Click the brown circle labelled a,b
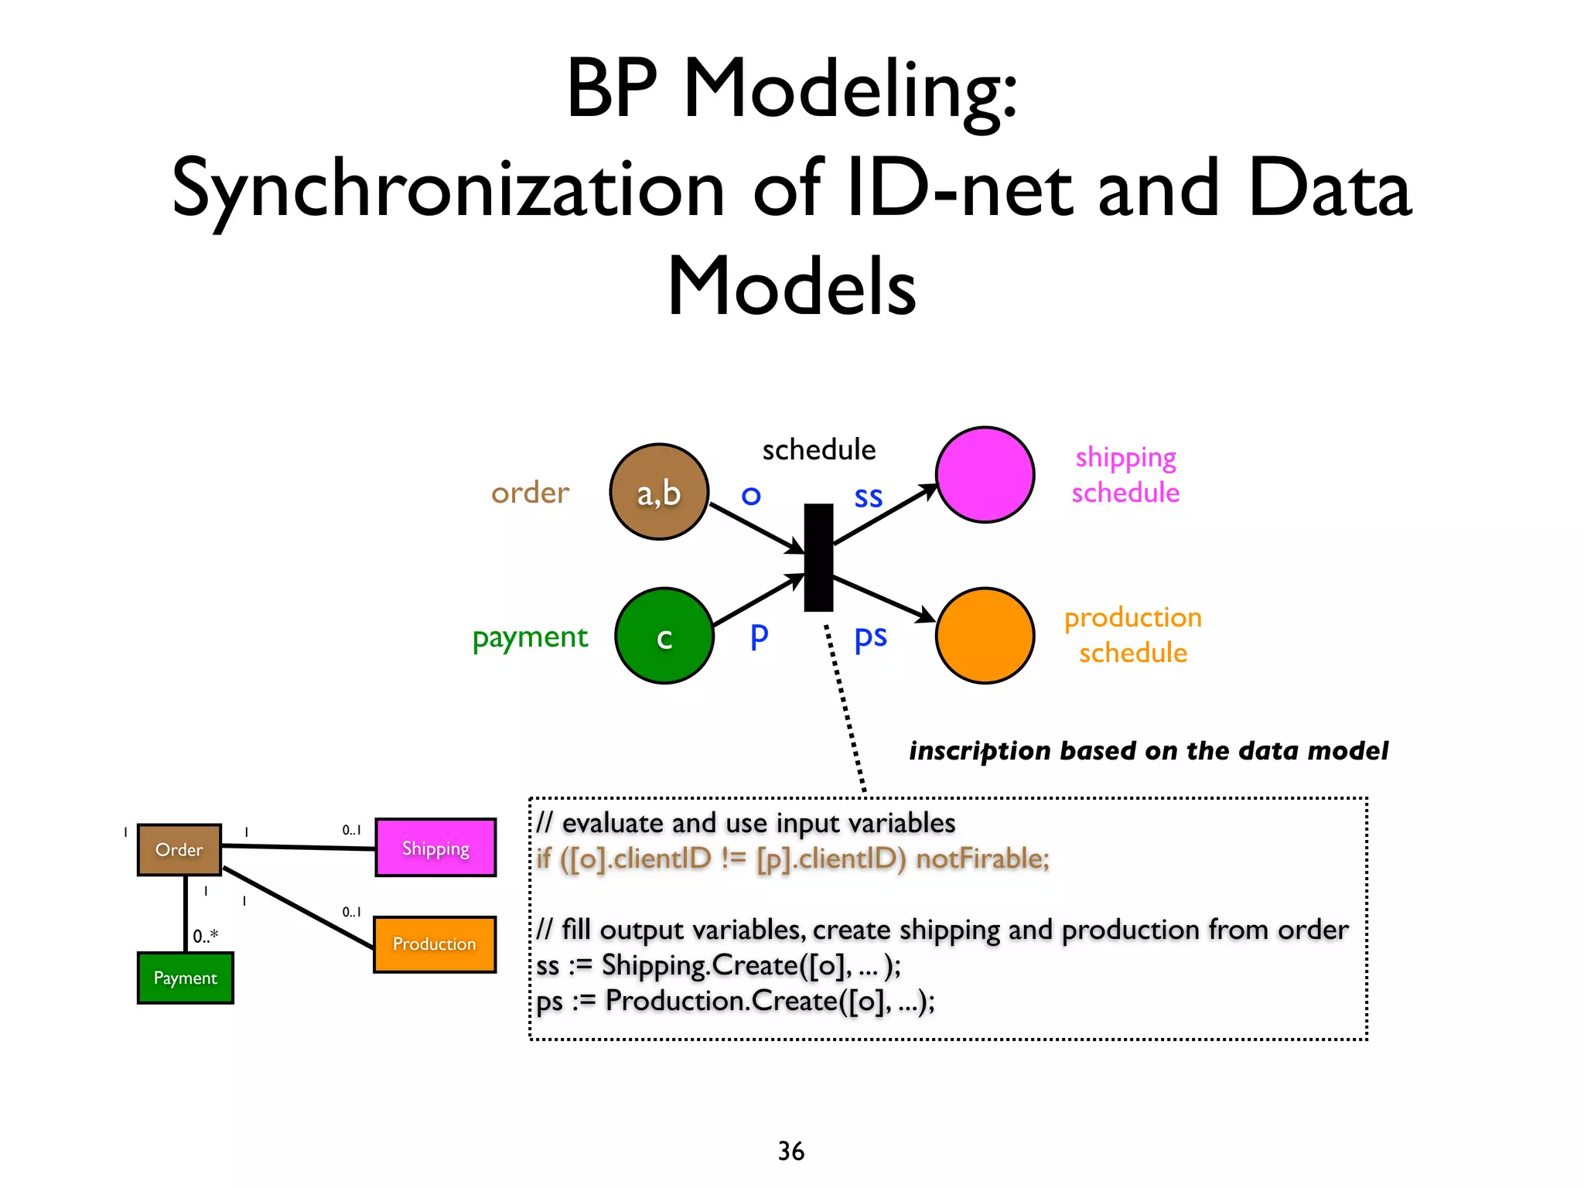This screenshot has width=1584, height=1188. (659, 492)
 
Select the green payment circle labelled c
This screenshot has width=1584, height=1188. (664, 636)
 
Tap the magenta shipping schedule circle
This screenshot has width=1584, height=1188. (985, 475)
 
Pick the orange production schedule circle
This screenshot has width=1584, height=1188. (985, 636)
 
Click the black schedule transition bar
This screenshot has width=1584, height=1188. (818, 558)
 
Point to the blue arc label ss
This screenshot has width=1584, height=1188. (868, 497)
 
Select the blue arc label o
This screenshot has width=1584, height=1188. (750, 496)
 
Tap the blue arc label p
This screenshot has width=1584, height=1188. (759, 636)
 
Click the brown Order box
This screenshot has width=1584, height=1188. (179, 849)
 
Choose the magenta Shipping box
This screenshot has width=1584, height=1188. (435, 848)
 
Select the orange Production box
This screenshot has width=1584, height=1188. (435, 944)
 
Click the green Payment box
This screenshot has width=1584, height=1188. (186, 978)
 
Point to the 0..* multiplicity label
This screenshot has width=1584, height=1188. (206, 936)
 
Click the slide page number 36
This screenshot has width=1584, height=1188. (790, 1151)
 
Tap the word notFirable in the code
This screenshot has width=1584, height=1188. (982, 859)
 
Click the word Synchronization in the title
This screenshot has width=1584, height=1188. (448, 189)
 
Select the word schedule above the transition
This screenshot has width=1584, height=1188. (818, 449)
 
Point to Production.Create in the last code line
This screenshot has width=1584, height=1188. (722, 1001)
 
